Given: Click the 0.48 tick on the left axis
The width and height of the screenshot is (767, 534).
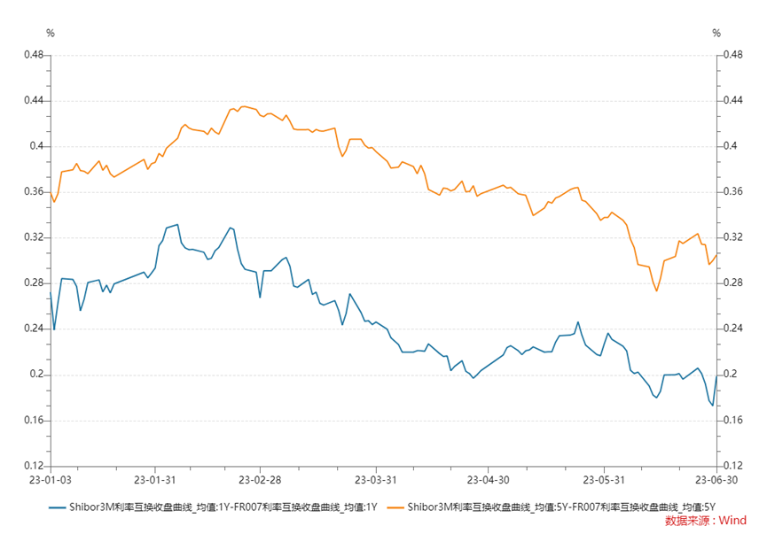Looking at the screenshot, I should (33, 55).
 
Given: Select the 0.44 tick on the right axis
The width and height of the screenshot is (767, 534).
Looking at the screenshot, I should (732, 101).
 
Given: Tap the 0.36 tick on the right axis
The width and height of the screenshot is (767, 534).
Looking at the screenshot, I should (732, 192).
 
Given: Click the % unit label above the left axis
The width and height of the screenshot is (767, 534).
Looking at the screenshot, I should (51, 34).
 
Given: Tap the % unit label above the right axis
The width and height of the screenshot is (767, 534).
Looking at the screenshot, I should (716, 34).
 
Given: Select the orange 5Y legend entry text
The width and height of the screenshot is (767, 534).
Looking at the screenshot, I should (562, 507).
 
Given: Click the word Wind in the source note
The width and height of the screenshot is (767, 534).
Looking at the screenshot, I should (732, 521).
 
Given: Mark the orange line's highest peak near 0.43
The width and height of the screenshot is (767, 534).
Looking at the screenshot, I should (243, 106).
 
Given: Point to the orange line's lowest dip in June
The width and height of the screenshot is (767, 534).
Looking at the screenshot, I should (656, 290).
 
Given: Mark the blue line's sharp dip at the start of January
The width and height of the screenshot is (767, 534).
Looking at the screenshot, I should (54, 329).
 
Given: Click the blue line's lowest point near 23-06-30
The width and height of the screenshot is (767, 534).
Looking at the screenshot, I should (712, 406).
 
